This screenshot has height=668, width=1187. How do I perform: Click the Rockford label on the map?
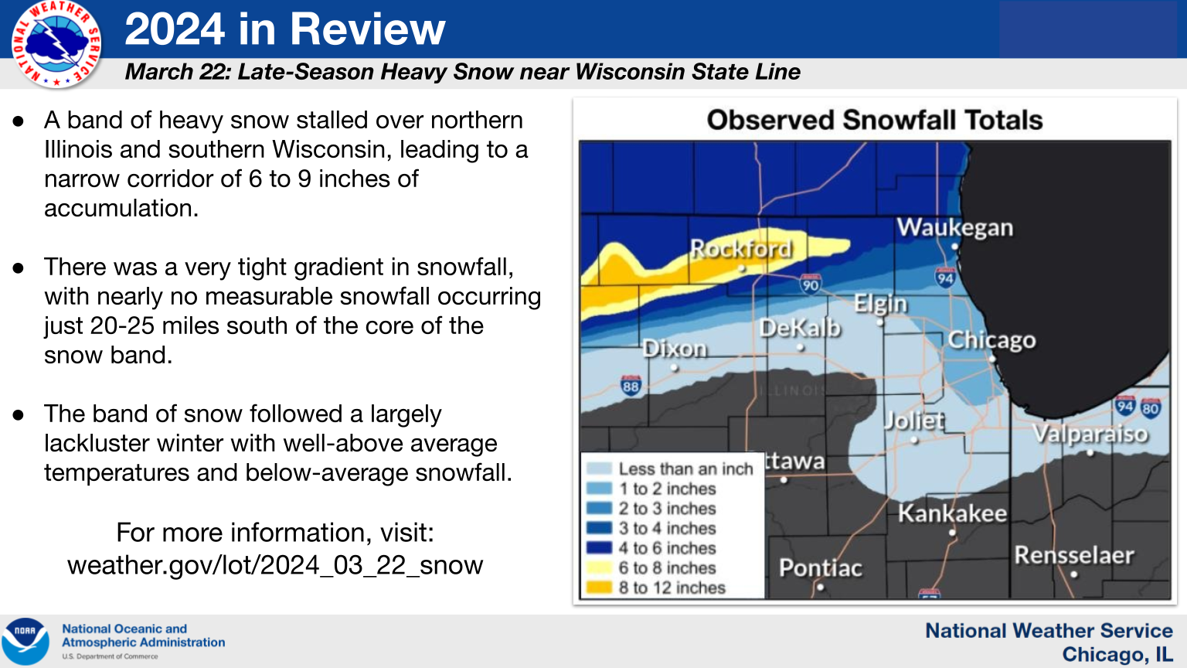click(x=741, y=249)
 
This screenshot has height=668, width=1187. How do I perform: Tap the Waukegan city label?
click(x=955, y=227)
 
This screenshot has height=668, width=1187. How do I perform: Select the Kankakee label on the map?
click(x=952, y=513)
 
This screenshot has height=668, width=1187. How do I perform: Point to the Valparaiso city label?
click(x=1090, y=435)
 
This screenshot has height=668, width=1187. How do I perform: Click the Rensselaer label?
click(x=1074, y=555)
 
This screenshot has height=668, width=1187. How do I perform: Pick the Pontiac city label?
click(x=820, y=567)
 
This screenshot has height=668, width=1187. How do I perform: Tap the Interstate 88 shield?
click(x=631, y=386)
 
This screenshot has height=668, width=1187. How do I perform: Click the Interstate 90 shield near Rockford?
click(x=810, y=284)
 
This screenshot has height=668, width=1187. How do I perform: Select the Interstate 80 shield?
click(x=1150, y=407)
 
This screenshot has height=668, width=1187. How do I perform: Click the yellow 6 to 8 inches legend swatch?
click(x=599, y=567)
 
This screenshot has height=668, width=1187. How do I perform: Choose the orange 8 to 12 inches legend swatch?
click(x=599, y=588)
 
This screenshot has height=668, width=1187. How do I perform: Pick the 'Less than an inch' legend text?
click(x=685, y=469)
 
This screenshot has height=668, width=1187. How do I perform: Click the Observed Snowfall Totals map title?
click(x=874, y=120)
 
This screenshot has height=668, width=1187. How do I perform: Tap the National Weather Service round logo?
click(x=56, y=45)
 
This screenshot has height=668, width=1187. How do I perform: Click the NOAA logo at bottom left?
click(x=25, y=641)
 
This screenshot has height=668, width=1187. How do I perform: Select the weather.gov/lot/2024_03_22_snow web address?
click(x=275, y=564)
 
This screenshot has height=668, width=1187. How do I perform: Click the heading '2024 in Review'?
click(x=285, y=29)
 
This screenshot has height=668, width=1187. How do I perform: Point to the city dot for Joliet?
click(x=914, y=440)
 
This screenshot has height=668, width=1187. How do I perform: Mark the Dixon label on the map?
click(x=675, y=349)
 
